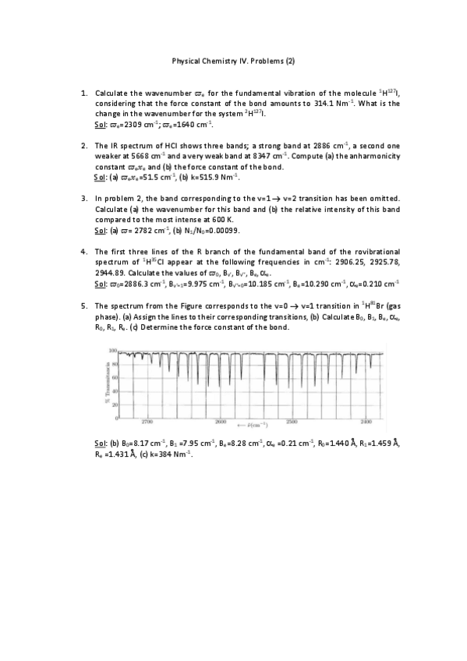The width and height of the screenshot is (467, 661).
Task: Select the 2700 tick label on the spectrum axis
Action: pyautogui.click(x=147, y=422)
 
